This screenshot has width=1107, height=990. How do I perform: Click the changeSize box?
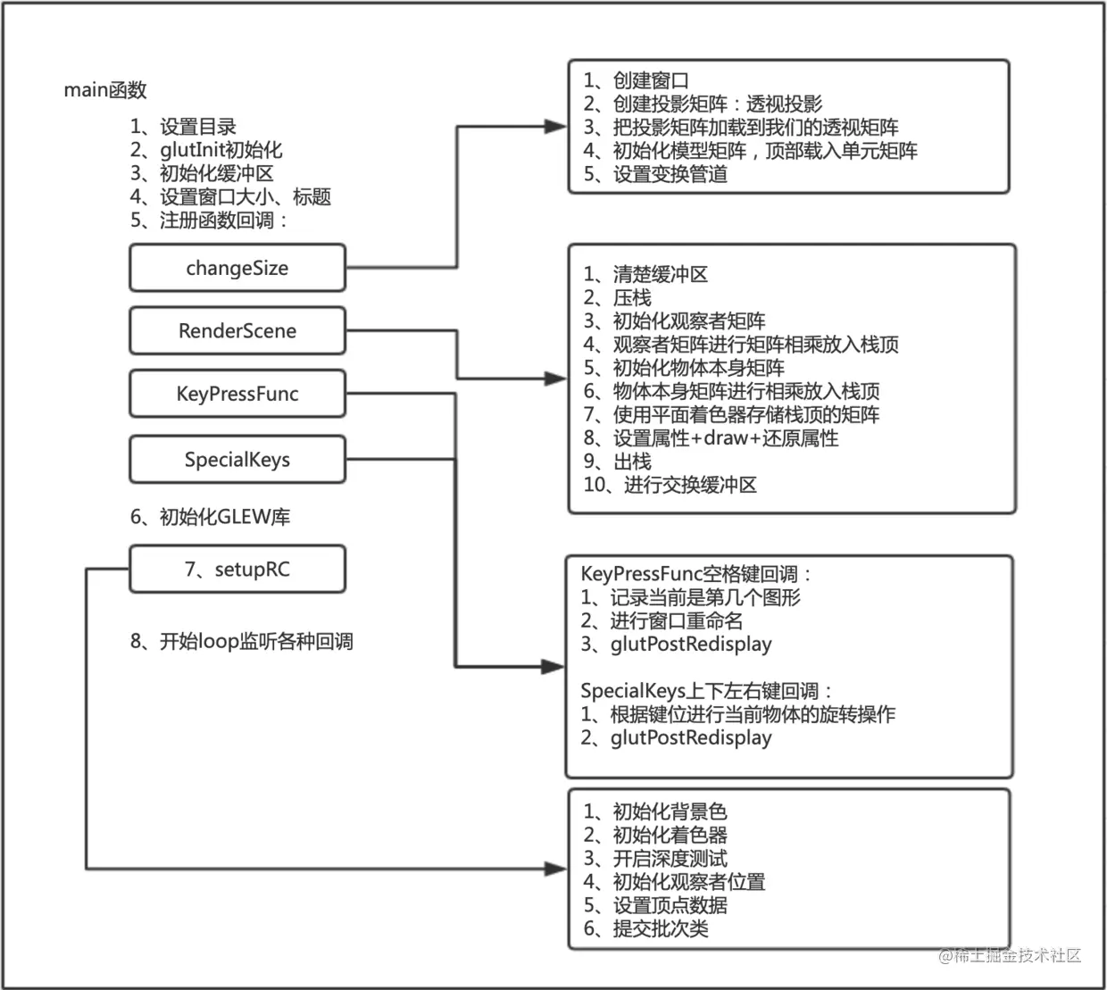coord(237,268)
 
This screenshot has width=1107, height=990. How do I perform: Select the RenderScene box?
coord(237,330)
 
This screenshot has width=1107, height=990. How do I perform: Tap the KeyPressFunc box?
coord(237,394)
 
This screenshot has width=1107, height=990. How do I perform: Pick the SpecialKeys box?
coord(237,459)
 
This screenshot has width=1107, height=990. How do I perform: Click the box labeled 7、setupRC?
coord(237,569)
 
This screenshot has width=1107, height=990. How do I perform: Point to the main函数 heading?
coord(105,89)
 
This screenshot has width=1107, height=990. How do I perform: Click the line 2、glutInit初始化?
coord(206,150)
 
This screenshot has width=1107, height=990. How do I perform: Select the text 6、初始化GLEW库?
coord(211,516)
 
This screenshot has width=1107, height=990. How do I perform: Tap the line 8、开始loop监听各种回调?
coord(242,641)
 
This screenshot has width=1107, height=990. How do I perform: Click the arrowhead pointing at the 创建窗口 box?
coord(555,127)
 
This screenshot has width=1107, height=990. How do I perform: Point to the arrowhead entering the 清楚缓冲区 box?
coord(555,379)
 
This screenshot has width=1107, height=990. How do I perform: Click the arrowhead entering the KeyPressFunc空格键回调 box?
coord(553,667)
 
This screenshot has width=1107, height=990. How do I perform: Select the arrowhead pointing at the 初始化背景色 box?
coord(555,869)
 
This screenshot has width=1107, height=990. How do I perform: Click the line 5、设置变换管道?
coord(655,174)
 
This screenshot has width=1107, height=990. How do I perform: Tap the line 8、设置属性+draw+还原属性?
coord(711,437)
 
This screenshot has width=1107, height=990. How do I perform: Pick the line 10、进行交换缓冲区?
coord(670,485)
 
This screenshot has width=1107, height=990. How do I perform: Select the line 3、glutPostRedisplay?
coord(676,645)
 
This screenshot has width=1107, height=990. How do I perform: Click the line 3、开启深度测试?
coord(655,859)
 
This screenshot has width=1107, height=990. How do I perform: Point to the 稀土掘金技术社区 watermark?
coord(1010,955)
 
